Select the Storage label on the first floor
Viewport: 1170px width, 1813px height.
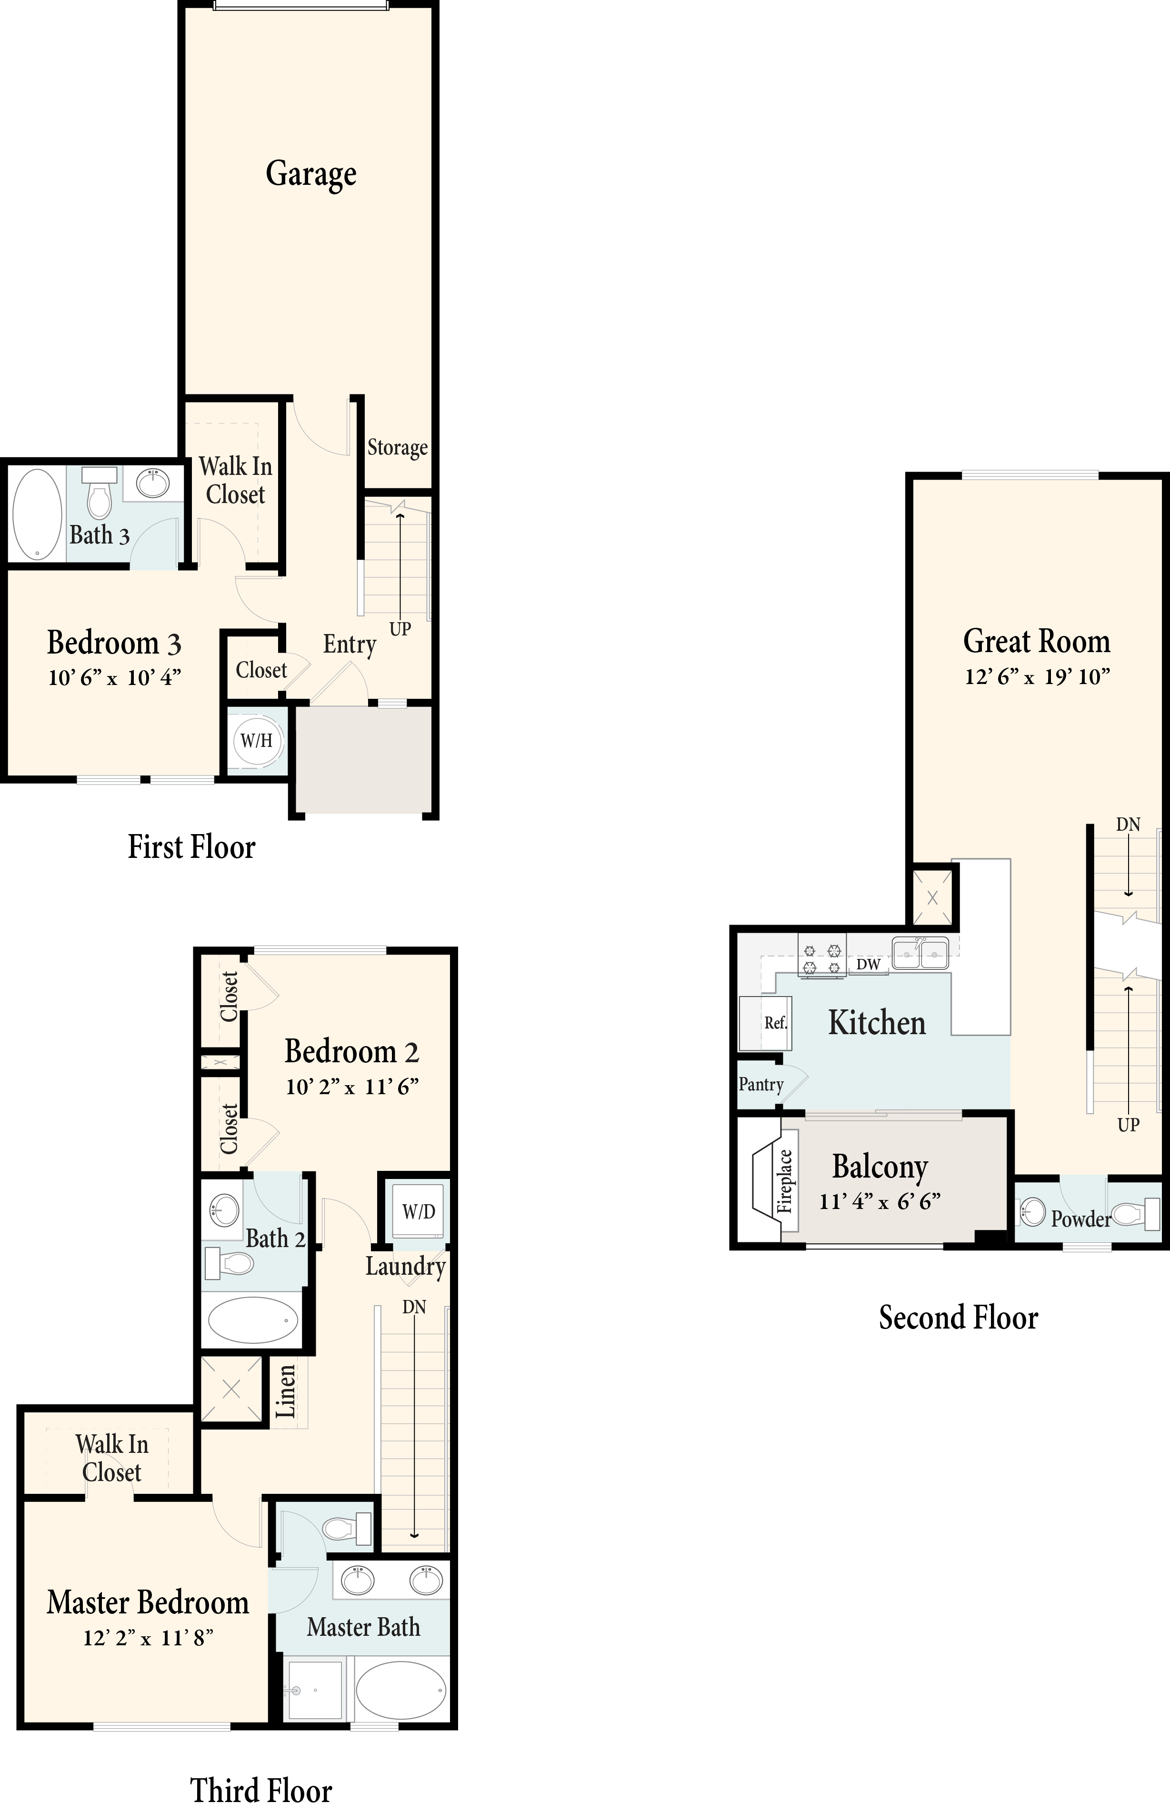(397, 448)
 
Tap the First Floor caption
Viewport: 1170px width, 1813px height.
(191, 846)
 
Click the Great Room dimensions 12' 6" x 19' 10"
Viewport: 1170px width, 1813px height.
(1038, 676)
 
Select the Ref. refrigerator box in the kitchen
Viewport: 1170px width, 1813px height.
(766, 1023)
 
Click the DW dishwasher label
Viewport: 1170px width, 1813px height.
(869, 964)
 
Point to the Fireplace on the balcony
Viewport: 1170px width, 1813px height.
(775, 1181)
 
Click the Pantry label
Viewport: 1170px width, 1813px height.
(760, 1084)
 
